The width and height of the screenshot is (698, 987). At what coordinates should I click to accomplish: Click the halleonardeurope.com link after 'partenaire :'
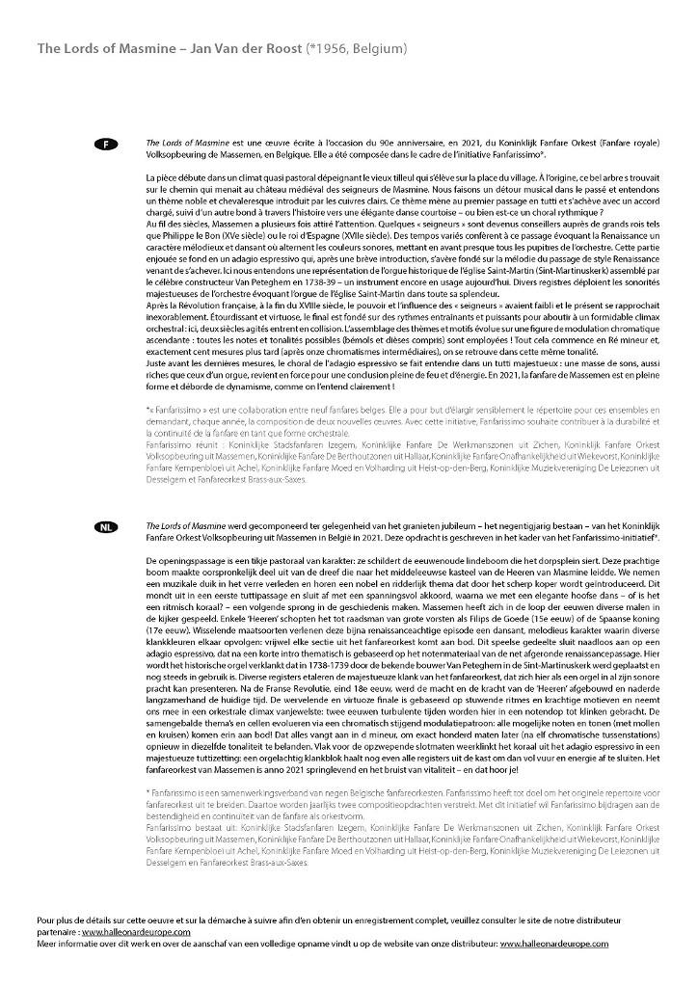[x=136, y=933]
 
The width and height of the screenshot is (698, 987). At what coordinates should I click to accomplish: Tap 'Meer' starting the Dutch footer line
[x=47, y=944]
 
